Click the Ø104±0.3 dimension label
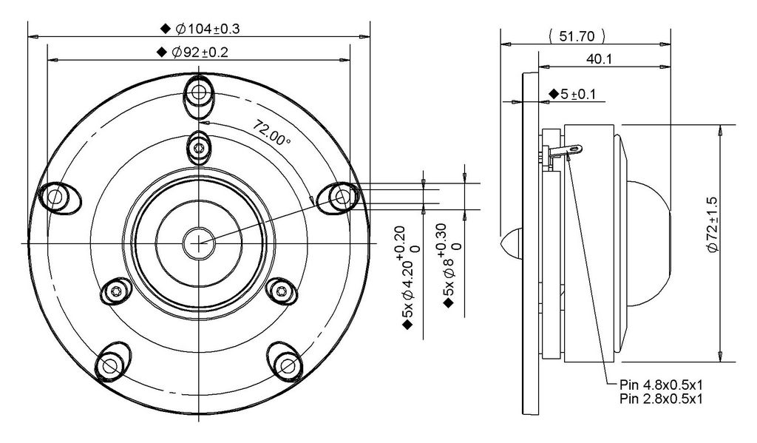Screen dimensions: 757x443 (208, 29)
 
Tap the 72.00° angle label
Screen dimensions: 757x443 (271, 133)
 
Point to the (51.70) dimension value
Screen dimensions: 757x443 (577, 36)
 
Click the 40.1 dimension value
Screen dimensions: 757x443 (599, 59)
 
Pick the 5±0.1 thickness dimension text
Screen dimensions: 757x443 (578, 94)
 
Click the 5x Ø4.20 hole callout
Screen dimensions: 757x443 (408, 272)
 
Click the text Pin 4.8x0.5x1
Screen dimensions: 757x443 (662, 385)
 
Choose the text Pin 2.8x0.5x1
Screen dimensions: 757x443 (662, 399)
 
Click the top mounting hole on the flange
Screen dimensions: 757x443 (198, 91)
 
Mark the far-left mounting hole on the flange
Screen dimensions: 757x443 (55, 197)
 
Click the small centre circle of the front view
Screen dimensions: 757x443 (198, 243)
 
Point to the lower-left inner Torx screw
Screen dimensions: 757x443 (116, 291)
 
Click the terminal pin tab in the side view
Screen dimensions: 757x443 (566, 150)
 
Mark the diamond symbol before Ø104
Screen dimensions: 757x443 (166, 29)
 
